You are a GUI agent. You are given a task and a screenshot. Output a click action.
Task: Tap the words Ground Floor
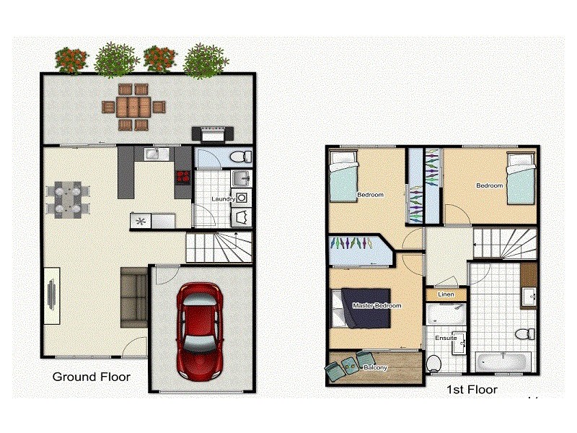91,377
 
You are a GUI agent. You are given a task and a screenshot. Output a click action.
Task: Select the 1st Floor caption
472,390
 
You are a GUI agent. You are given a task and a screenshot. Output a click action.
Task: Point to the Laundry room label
224,198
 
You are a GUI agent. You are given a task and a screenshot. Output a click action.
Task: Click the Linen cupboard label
446,294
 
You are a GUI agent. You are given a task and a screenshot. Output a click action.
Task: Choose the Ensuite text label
445,338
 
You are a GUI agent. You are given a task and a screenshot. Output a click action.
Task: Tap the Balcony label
375,367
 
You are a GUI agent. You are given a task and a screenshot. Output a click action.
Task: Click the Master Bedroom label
376,306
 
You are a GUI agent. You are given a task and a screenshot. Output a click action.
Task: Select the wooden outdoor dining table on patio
133,108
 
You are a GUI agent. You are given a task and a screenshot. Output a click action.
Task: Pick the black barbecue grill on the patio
212,133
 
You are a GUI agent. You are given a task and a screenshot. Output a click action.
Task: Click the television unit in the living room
52,294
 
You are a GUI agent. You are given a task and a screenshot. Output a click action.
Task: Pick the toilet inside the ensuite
433,362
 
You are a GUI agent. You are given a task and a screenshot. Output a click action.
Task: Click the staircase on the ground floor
218,248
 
